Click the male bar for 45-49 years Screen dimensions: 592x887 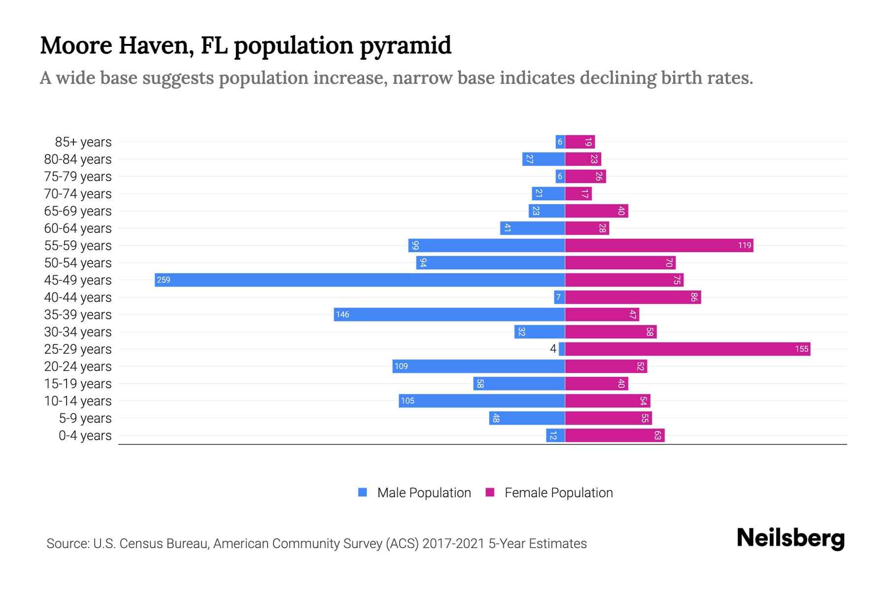[360, 280]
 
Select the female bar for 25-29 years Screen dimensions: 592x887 [687, 349]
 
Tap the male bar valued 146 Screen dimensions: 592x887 [449, 314]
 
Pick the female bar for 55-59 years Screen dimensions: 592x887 [659, 245]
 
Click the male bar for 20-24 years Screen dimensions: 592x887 [478, 366]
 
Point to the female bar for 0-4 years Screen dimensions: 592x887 [614, 435]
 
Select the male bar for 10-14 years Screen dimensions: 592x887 [481, 401]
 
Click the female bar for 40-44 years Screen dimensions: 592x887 [633, 297]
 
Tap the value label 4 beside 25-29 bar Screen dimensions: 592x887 [553, 349]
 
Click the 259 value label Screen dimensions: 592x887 [163, 280]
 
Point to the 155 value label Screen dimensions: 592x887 [801, 349]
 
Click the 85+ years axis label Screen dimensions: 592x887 [83, 142]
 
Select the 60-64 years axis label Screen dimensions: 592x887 [78, 228]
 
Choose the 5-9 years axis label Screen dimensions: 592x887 [85, 418]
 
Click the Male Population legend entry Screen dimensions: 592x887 [424, 492]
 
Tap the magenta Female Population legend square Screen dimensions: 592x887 [490, 492]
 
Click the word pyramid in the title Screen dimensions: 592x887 [405, 45]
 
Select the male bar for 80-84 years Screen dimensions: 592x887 [543, 159]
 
